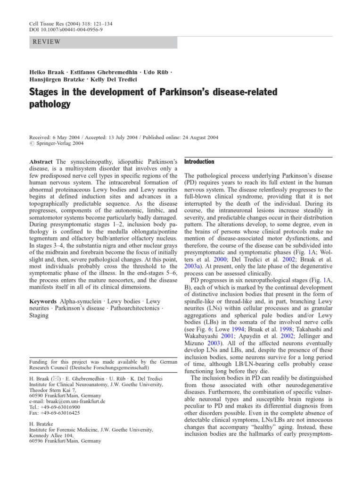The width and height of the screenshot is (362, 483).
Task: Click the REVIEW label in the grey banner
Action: tap(46, 42)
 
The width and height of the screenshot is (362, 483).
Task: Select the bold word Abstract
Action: tap(41, 162)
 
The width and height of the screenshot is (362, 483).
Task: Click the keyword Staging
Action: tap(39, 316)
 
